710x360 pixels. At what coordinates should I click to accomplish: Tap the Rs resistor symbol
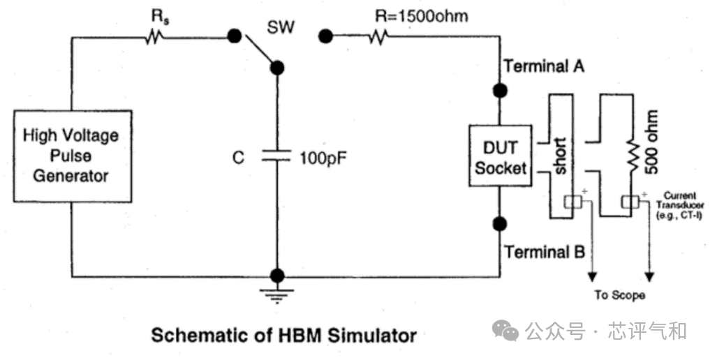point(154,36)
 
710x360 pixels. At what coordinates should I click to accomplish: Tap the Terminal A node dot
point(500,91)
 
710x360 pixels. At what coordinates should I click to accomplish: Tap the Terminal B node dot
point(500,224)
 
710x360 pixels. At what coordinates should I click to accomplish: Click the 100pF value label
point(323,158)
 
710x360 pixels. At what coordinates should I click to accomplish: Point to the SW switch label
point(281,29)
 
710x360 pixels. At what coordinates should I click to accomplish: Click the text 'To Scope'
point(620,295)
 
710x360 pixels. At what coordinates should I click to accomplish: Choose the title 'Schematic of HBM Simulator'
point(284,336)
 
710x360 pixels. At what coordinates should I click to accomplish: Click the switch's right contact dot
point(323,35)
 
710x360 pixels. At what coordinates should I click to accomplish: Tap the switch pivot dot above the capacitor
point(277,68)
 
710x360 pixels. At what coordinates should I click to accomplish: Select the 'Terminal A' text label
point(545,66)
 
